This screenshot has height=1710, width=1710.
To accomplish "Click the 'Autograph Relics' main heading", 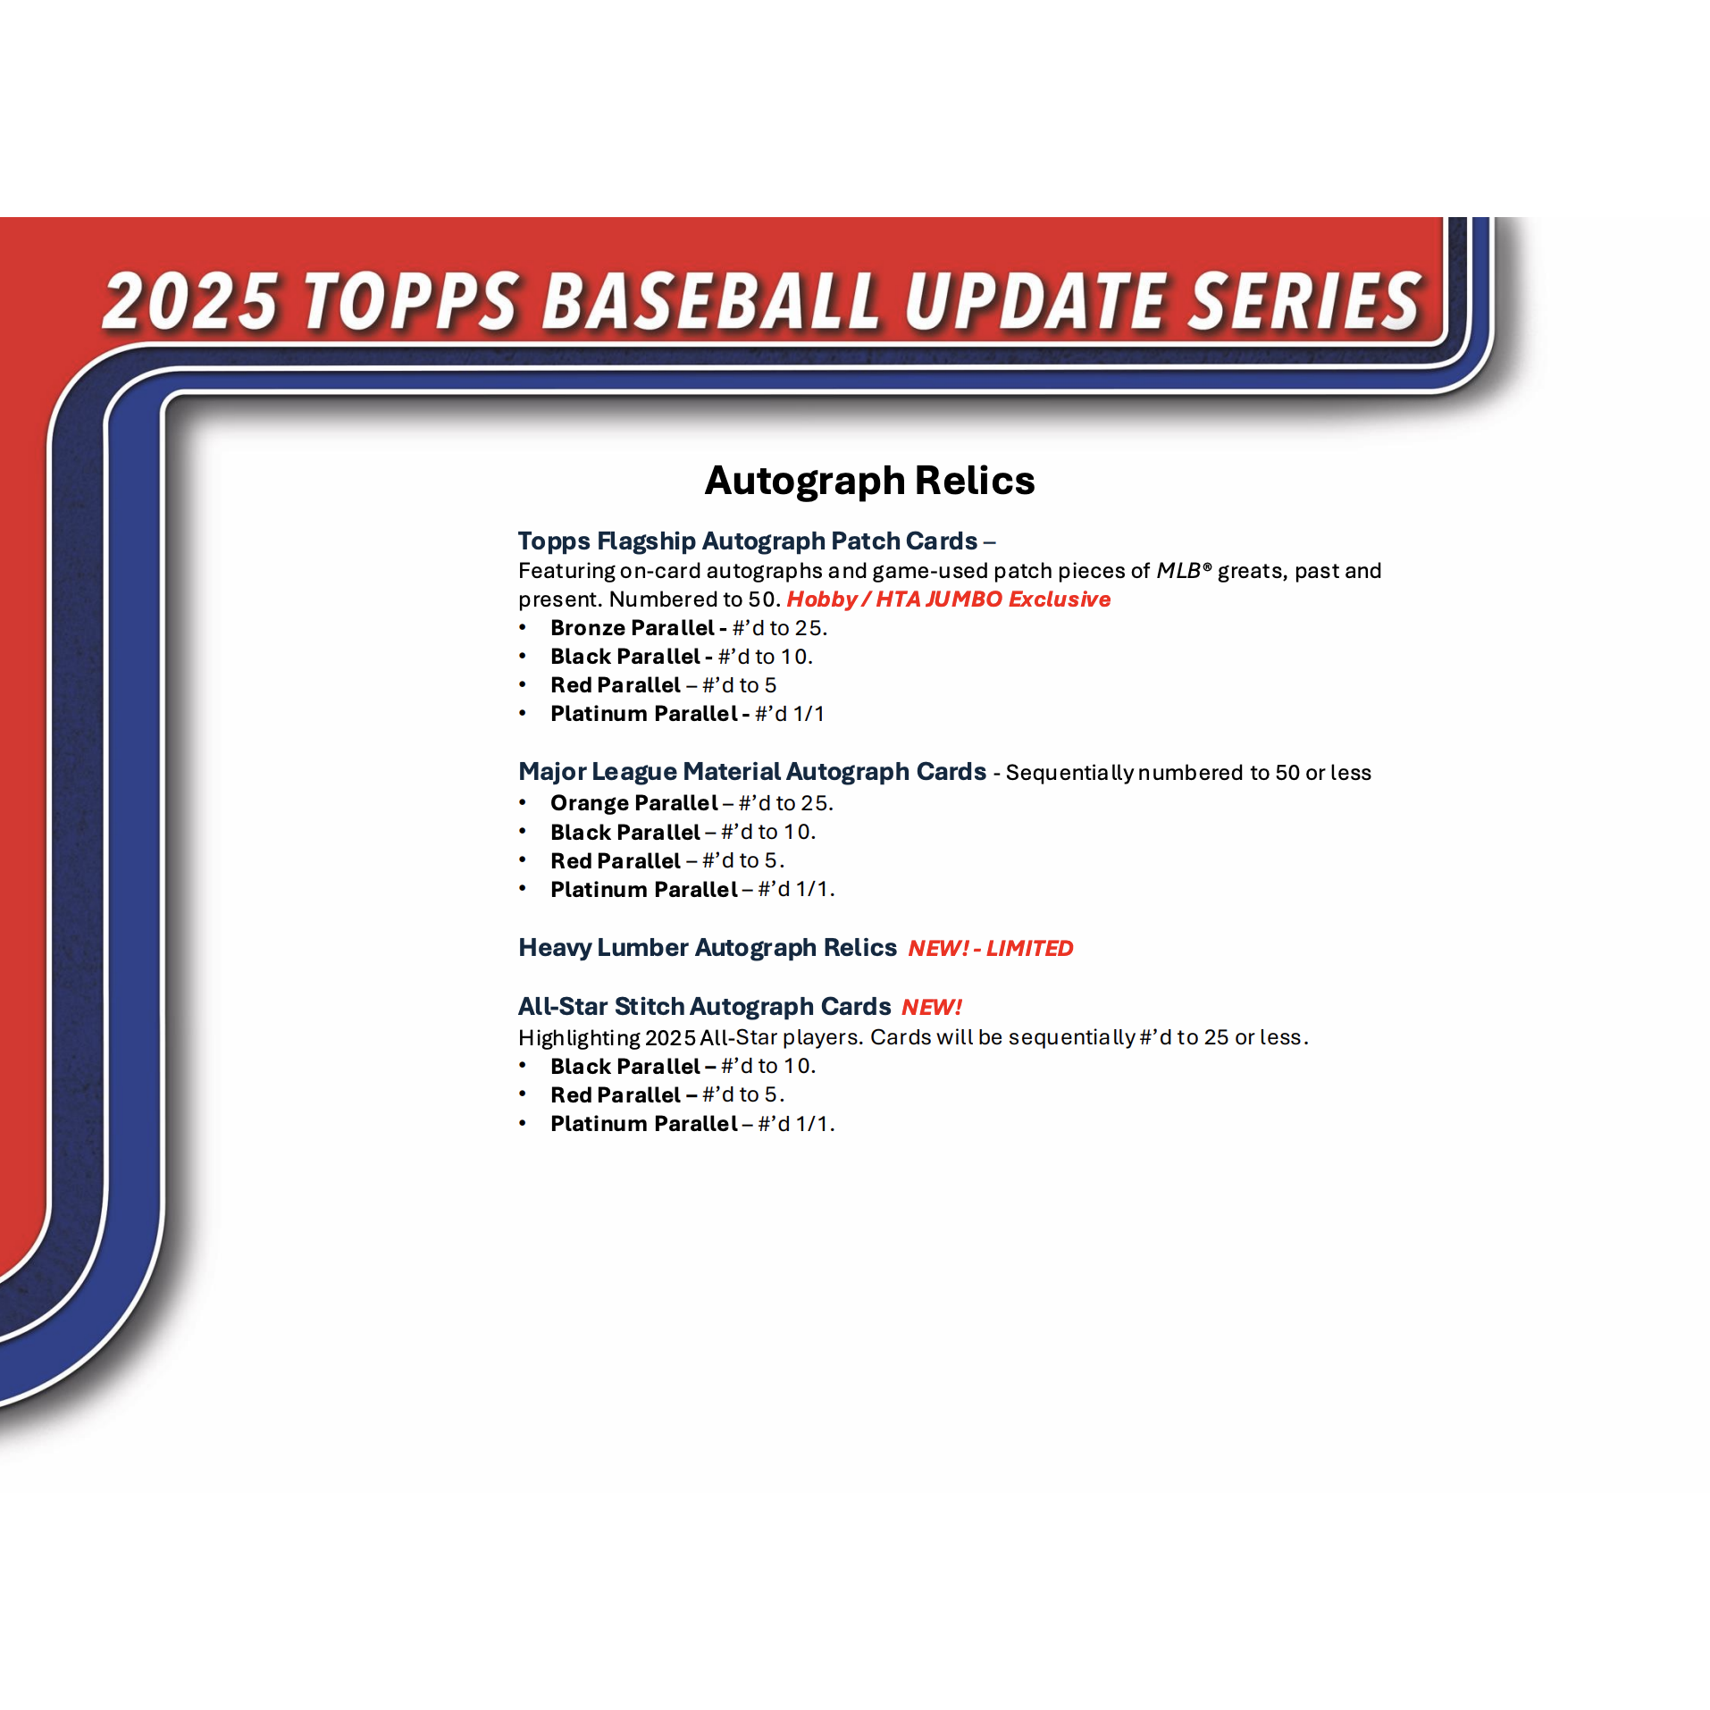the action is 869,481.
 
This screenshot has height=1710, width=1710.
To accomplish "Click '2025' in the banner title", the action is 190,300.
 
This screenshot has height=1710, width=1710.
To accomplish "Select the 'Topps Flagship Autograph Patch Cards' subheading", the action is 748,541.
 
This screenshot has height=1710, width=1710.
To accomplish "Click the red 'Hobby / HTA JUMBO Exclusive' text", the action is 949,599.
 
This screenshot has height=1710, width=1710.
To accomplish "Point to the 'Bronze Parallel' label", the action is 633,628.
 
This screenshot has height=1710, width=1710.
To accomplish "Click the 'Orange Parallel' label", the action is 634,803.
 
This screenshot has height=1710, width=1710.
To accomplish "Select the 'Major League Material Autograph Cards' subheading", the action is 752,771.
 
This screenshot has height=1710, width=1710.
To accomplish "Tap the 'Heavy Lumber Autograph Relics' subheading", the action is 708,947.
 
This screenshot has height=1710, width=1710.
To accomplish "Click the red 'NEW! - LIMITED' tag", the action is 991,948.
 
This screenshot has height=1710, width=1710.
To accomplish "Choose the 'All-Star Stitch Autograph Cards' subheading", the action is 705,1006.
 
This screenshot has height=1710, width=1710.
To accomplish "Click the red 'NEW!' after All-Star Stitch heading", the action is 932,1007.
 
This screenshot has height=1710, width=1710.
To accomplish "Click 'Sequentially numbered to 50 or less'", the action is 1188,773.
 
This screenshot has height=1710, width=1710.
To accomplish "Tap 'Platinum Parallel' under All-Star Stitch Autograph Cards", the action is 644,1124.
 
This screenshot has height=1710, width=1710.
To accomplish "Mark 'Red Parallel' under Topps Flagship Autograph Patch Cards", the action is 616,685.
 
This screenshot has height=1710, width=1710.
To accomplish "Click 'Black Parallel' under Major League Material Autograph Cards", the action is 625,833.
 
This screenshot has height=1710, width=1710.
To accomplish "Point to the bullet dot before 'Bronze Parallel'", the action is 523,628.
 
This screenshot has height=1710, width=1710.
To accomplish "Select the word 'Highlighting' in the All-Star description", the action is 579,1037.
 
